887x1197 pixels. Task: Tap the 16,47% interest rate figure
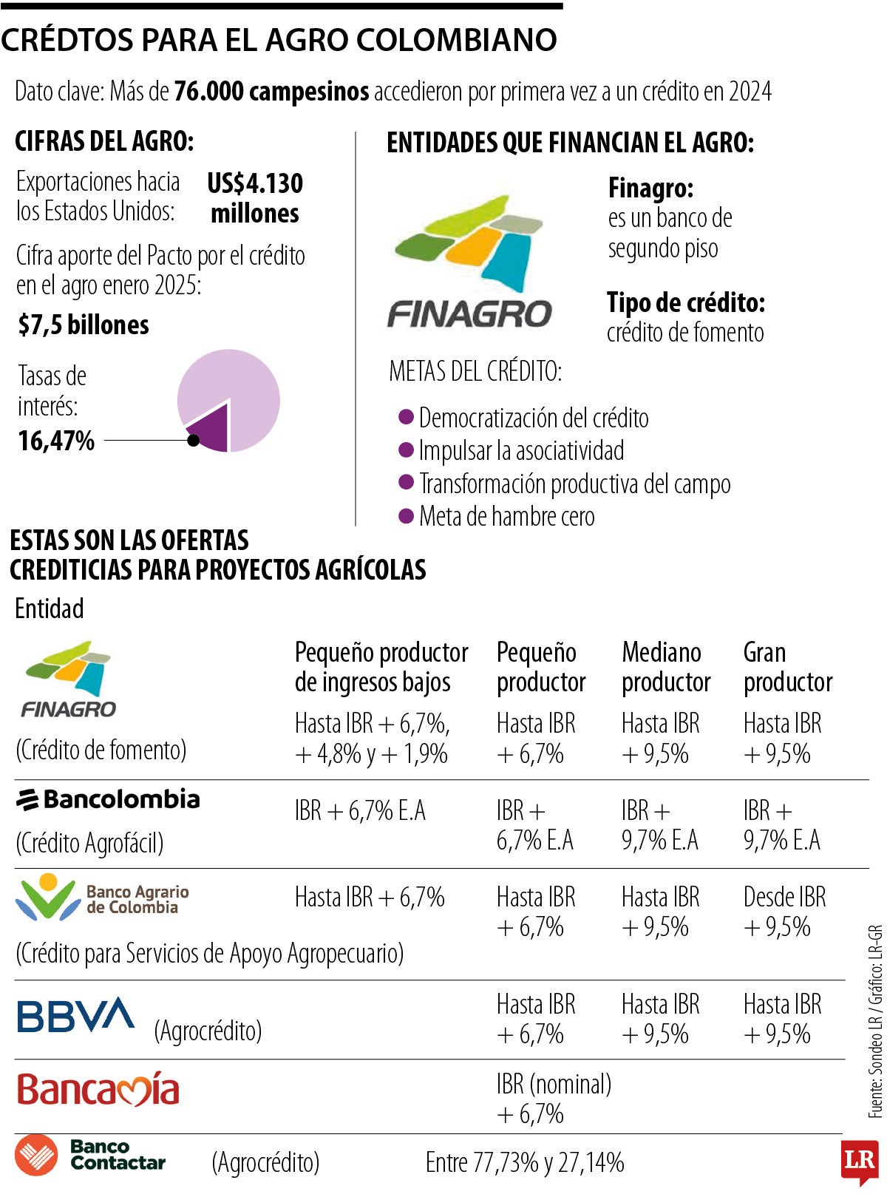coord(56,441)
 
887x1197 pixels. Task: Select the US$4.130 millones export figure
coord(255,198)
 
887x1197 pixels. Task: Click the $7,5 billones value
coord(84,325)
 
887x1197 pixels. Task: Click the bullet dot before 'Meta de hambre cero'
coord(405,516)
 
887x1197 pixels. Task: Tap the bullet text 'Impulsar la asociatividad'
coord(521,451)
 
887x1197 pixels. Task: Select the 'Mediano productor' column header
coord(665,667)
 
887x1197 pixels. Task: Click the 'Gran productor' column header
coord(787,667)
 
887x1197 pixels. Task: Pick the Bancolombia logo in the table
coord(108,799)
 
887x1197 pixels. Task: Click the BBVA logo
coord(75,1015)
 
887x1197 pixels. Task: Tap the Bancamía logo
coord(98,1090)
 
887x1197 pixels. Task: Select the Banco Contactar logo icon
coord(36,1155)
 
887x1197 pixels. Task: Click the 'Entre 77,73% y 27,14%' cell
coord(525,1163)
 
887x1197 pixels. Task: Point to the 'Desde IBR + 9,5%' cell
coord(784,912)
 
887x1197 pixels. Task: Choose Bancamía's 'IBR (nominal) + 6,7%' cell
coord(554,1099)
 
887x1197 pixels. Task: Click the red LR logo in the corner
coord(859,1161)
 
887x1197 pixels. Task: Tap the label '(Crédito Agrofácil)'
coord(89,844)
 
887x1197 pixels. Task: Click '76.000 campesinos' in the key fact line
coord(271,92)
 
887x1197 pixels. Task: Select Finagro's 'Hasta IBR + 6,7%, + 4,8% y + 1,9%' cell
coord(373,739)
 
